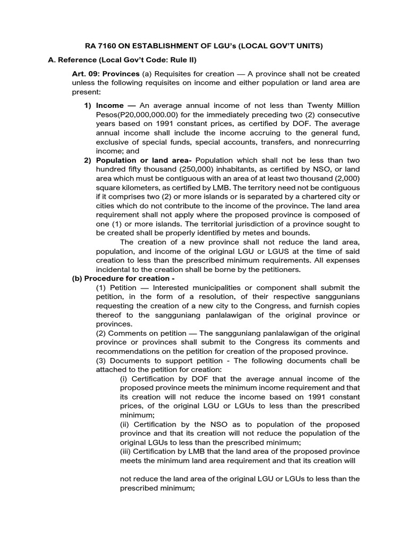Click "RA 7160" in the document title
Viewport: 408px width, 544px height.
click(x=101, y=46)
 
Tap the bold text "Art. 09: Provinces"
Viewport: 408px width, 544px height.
click(x=106, y=74)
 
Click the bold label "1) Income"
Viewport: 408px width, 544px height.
click(x=104, y=106)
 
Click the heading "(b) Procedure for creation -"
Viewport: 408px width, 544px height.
click(x=123, y=279)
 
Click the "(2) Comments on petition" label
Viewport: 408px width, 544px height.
click(x=142, y=333)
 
